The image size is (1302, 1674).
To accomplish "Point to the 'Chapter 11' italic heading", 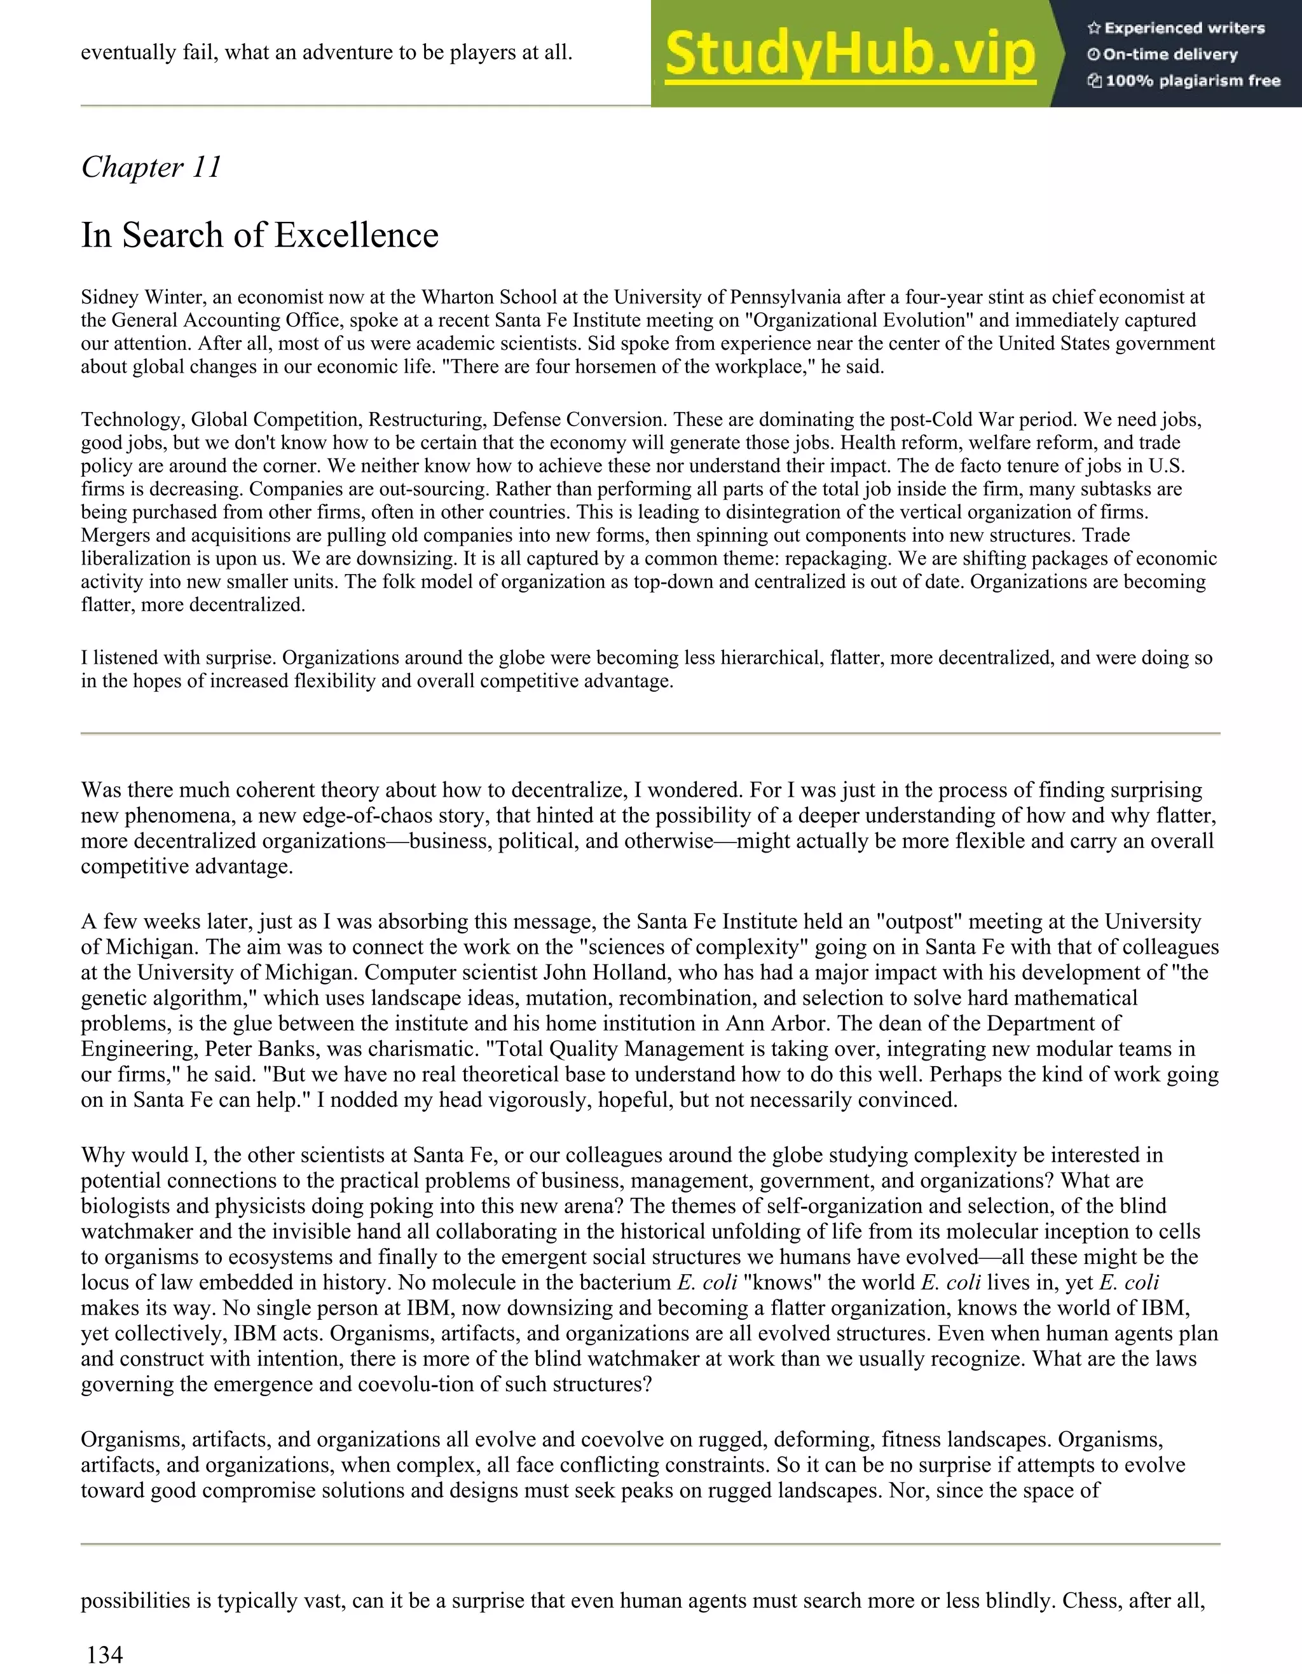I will coord(151,167).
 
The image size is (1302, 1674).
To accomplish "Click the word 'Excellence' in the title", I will coord(357,235).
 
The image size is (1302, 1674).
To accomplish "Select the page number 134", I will coord(104,1654).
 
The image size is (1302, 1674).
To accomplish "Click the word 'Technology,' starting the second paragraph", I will coord(133,420).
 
